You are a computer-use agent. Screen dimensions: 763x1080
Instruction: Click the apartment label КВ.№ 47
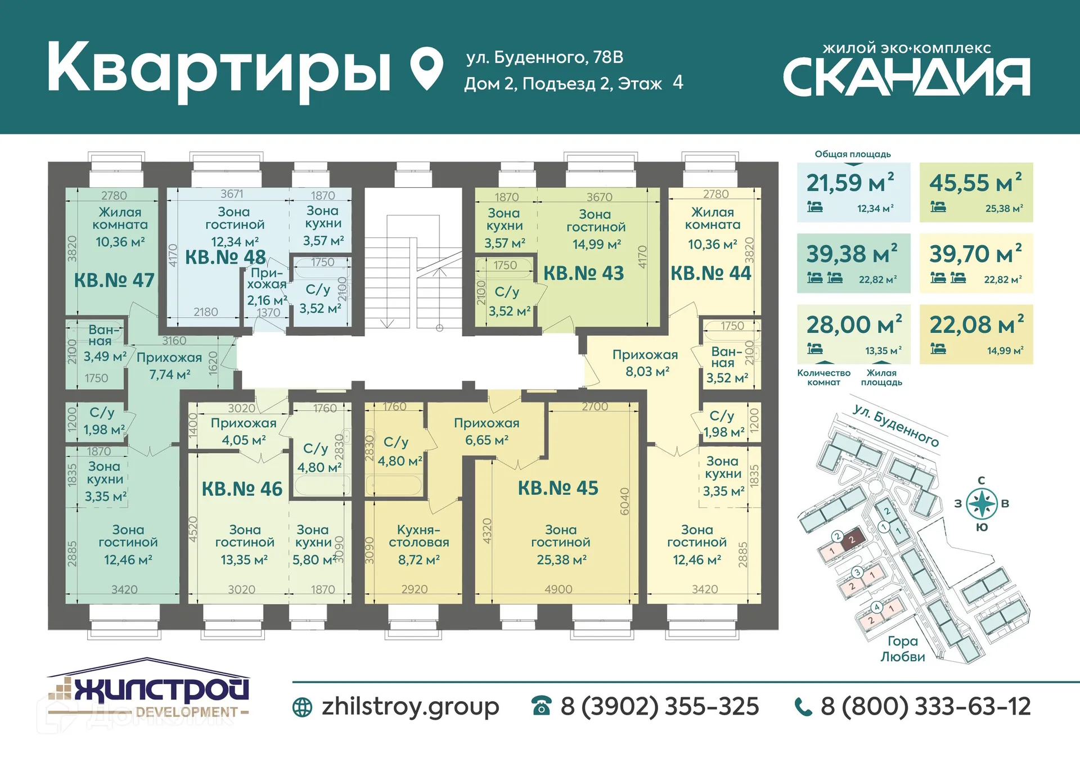[114, 280]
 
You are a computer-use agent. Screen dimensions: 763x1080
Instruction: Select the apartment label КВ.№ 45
[558, 488]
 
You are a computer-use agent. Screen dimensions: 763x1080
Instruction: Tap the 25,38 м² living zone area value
[561, 559]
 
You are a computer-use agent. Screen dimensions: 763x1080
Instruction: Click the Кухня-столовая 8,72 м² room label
[418, 544]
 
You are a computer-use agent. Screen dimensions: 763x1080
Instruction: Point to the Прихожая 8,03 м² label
[646, 363]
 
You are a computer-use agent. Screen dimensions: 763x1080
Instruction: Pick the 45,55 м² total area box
[976, 192]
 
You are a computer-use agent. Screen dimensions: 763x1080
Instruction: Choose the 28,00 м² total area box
[853, 334]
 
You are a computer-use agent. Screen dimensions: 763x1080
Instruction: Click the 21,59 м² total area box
[853, 192]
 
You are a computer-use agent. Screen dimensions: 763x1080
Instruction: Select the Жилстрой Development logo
[148, 690]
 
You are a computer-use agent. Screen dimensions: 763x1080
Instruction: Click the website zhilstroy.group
[410, 707]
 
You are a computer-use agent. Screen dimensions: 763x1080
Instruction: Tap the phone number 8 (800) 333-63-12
[925, 707]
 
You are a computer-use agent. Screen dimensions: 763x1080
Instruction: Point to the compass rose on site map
[982, 503]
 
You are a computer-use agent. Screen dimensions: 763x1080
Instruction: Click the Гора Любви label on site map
[902, 649]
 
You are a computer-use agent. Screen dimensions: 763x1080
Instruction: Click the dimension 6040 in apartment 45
[624, 501]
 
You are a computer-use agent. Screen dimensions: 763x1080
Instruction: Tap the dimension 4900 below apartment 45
[558, 589]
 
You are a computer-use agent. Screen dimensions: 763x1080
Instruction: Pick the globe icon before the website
[303, 707]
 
